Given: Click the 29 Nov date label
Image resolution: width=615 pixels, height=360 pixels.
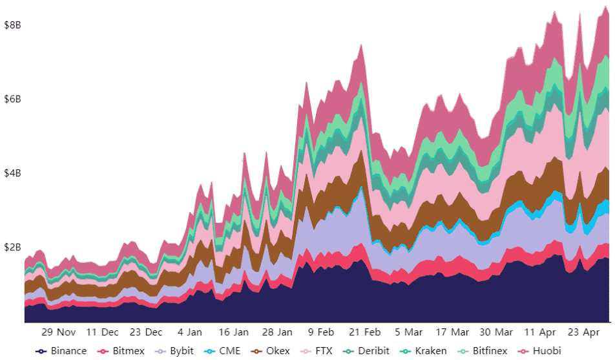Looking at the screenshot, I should pyautogui.click(x=58, y=332).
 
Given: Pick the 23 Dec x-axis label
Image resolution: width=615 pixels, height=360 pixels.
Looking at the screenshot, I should pyautogui.click(x=145, y=332).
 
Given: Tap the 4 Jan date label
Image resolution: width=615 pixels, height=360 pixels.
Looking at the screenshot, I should pyautogui.click(x=190, y=332).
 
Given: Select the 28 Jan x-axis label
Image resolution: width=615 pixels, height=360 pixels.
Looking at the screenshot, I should pyautogui.click(x=277, y=332).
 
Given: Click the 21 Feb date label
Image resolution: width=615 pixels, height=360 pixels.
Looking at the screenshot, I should pyautogui.click(x=364, y=332).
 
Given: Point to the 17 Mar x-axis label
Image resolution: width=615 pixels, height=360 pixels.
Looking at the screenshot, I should pyautogui.click(x=452, y=332).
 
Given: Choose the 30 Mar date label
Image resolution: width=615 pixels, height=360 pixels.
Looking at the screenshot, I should pyautogui.click(x=496, y=332).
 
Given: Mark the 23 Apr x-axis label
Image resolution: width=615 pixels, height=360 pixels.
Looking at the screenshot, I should pyautogui.click(x=584, y=332).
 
